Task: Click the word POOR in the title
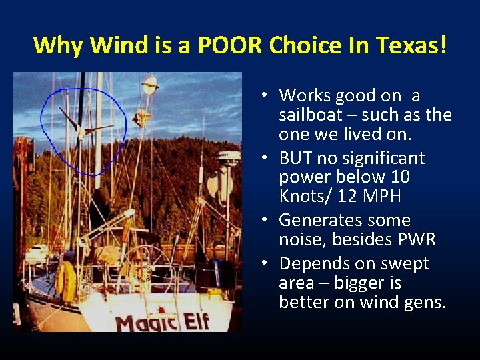click(230, 45)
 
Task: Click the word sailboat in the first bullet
click(316, 115)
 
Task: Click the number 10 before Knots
click(400, 177)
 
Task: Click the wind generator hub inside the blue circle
click(82, 129)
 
